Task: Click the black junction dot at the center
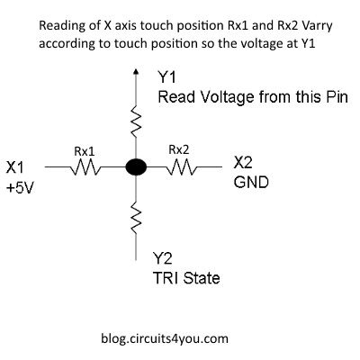click(135, 167)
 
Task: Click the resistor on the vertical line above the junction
click(136, 119)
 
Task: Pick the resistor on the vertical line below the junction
click(136, 216)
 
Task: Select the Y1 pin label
click(167, 78)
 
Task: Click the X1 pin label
click(16, 166)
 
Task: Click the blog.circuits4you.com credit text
click(166, 339)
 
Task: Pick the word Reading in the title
click(61, 26)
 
